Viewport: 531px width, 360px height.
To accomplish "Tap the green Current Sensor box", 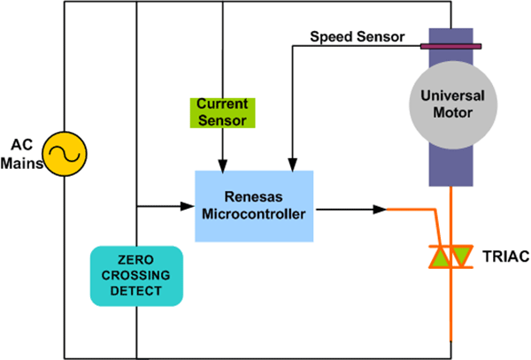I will (x=223, y=111).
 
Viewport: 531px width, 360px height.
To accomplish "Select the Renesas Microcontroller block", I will (x=255, y=205).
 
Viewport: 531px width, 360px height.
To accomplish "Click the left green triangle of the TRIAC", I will (x=439, y=257).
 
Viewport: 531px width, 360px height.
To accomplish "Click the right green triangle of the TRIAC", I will (x=461, y=257).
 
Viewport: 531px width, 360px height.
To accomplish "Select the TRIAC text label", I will (x=506, y=257).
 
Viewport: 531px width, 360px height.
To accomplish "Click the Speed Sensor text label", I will (x=357, y=37).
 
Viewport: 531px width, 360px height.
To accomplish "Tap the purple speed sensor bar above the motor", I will (x=450, y=45).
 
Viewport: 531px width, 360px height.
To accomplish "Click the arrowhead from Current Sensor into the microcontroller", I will (x=223, y=164).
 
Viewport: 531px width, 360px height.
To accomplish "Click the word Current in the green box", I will (x=223, y=104).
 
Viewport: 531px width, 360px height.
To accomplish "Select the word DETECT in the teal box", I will (x=136, y=291).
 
